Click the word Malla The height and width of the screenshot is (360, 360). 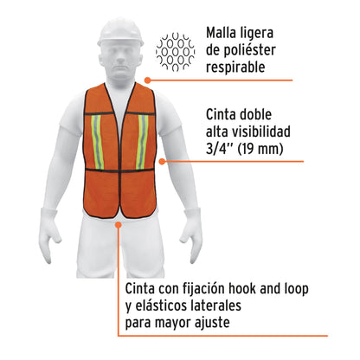pyautogui.click(x=224, y=35)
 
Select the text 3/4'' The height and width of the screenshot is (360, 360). pyautogui.click(x=220, y=151)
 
